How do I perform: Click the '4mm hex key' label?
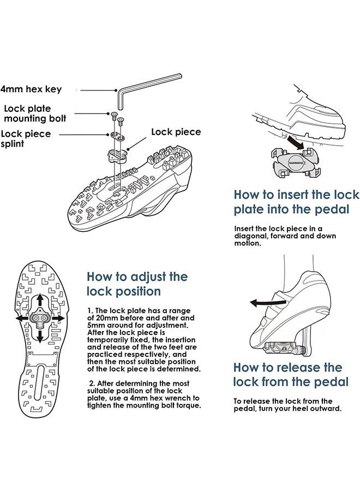click(x=31, y=89)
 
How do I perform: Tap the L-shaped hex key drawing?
click(x=147, y=87)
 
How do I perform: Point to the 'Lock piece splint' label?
click(x=26, y=139)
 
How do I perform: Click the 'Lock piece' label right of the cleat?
click(x=176, y=132)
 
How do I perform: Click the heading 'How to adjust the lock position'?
click(x=137, y=284)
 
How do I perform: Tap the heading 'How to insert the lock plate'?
click(x=296, y=202)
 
